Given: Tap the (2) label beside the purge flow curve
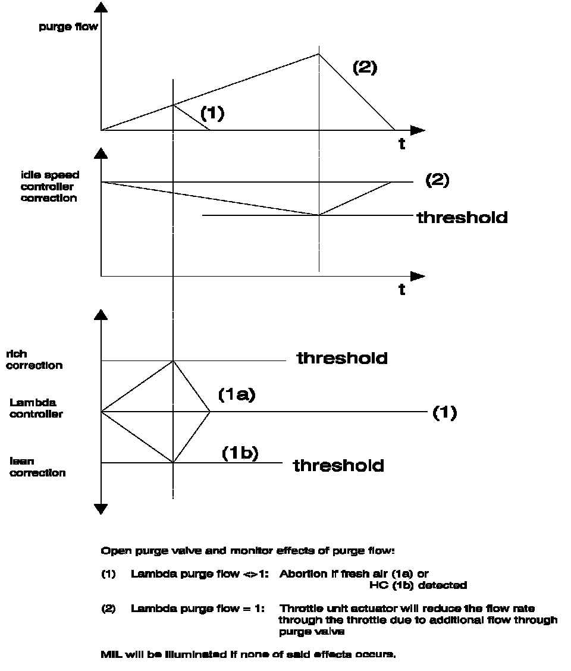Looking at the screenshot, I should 365,67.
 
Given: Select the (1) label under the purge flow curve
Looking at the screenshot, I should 212,113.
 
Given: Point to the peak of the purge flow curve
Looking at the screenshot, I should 319,54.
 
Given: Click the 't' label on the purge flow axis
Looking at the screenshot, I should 402,145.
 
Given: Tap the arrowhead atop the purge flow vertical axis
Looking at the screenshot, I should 101,7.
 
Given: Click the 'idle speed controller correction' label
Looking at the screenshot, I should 49,187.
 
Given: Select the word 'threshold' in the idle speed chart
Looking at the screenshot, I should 462,217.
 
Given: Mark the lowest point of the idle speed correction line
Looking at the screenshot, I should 319,215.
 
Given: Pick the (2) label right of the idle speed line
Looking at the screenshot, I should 437,180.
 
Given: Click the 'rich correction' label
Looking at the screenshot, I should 35,360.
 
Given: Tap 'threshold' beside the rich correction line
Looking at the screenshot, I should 342,358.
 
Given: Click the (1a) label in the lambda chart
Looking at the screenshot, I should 236,394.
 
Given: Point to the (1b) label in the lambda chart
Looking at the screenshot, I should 240,453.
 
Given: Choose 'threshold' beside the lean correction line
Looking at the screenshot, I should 338,465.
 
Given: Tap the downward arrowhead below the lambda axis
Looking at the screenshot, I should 101,509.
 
